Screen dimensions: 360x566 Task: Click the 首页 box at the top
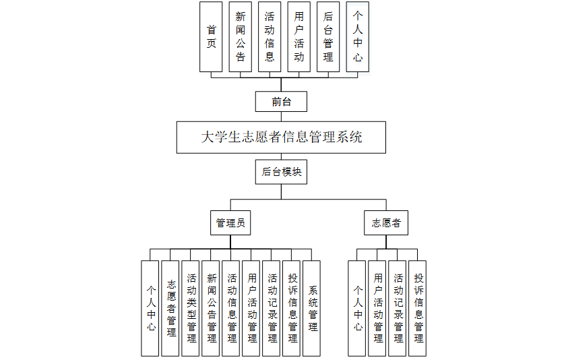(211, 36)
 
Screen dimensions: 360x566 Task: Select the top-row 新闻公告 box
(241, 36)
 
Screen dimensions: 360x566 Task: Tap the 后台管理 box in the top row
(328, 36)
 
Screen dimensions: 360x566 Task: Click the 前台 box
(281, 102)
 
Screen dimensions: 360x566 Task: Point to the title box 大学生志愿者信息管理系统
(281, 138)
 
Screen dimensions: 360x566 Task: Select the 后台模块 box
(281, 172)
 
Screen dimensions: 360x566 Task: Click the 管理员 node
(230, 222)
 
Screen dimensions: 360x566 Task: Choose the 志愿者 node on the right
(386, 222)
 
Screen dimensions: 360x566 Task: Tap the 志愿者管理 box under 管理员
(170, 308)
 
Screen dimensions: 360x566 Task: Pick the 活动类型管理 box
(191, 308)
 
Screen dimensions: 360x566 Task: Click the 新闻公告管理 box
(211, 308)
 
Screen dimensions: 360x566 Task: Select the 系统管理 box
(312, 308)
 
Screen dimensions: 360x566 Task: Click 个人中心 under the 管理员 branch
(150, 308)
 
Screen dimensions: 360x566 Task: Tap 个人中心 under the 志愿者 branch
(357, 308)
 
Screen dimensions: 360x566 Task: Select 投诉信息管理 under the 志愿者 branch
(418, 308)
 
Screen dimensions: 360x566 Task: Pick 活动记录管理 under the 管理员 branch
(272, 308)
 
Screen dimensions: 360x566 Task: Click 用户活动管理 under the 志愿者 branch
(377, 308)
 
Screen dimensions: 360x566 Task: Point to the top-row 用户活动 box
(299, 36)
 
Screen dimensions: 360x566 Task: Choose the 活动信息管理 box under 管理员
(231, 308)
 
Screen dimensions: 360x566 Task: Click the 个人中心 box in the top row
(358, 36)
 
